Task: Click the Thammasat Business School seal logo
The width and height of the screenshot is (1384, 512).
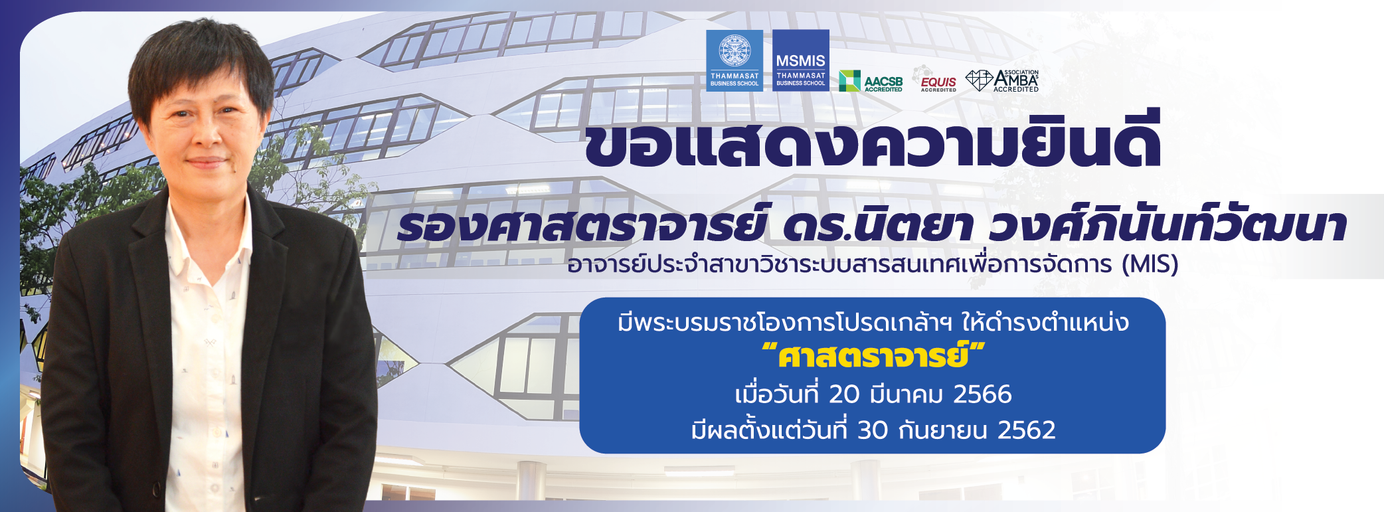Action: [735, 60]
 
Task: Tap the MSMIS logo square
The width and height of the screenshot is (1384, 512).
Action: [801, 60]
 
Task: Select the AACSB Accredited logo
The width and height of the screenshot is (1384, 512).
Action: [871, 81]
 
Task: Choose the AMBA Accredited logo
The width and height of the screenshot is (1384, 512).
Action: [1002, 80]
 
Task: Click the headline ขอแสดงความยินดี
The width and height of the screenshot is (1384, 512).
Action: [873, 140]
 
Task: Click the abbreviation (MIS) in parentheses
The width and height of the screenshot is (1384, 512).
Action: [1150, 264]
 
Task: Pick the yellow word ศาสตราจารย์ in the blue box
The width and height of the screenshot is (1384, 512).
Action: [873, 355]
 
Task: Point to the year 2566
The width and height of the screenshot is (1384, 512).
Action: [982, 394]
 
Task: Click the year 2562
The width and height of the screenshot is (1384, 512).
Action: [1026, 430]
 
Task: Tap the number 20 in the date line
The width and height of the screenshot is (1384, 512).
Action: [844, 394]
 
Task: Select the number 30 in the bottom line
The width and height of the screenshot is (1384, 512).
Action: [873, 430]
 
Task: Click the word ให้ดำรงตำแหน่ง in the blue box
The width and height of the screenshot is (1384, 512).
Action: [1045, 322]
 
